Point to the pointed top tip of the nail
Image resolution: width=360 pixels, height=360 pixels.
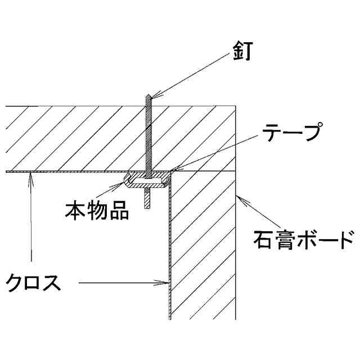pyautogui.click(x=146, y=95)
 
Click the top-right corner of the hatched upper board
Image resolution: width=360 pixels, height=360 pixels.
pyautogui.click(x=235, y=106)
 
